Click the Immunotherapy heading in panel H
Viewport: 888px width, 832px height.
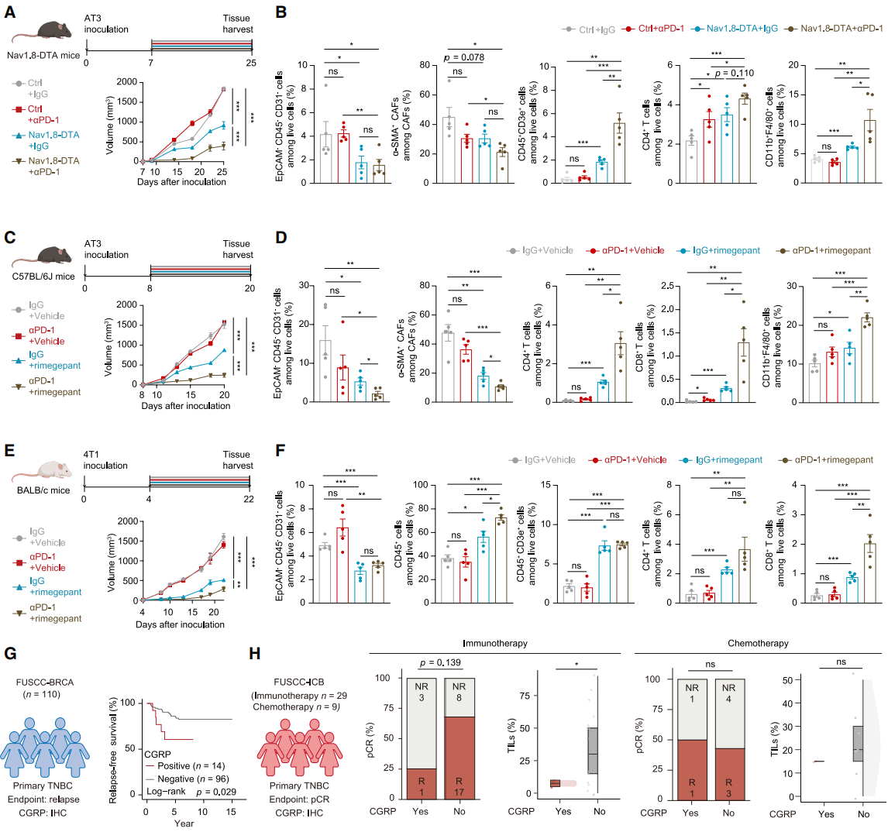click(x=495, y=643)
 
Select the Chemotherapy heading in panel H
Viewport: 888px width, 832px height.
click(x=758, y=643)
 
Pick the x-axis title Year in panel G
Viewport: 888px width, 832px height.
click(x=184, y=823)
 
